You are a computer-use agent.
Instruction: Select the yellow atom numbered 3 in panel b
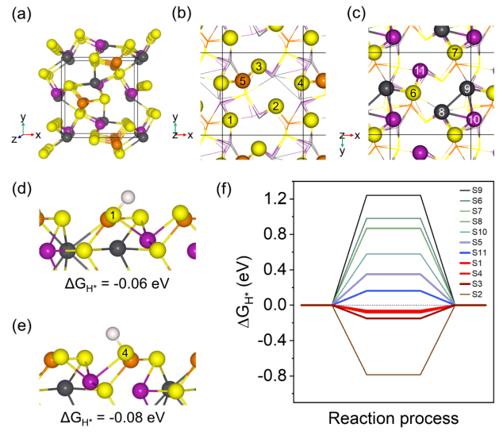[257, 65]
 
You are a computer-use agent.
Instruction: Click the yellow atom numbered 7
[453, 52]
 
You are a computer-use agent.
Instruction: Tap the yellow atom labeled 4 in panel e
[125, 352]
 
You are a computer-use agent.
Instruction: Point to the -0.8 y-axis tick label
[273, 375]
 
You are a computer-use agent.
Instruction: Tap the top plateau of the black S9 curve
[393, 195]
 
